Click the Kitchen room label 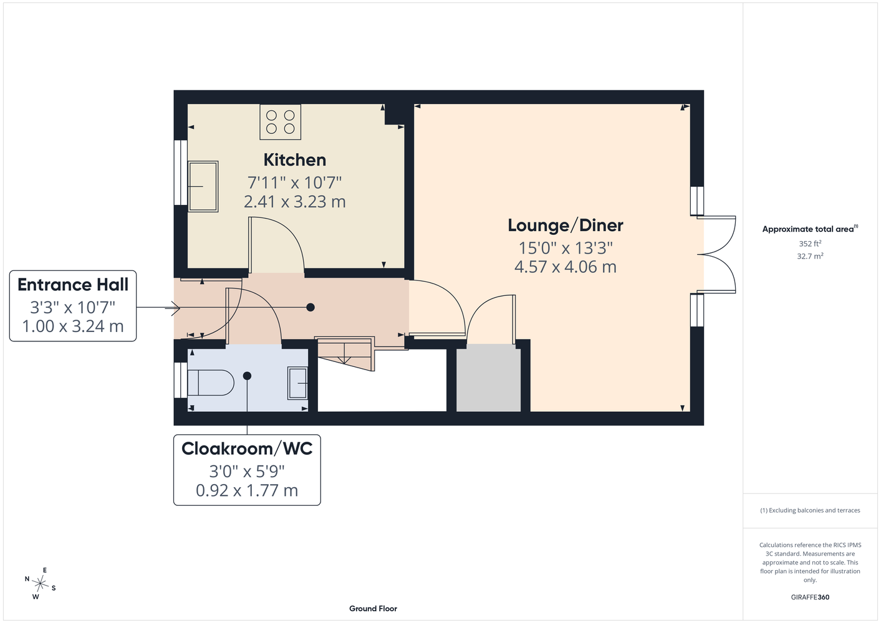[x=294, y=160]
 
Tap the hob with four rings [x=281, y=122]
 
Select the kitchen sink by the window [x=203, y=186]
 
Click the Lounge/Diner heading [x=565, y=226]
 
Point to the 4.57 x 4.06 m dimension [x=565, y=267]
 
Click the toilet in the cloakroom [x=211, y=382]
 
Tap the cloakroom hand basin [x=298, y=383]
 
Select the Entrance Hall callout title [x=73, y=285]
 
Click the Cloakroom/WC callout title [x=247, y=449]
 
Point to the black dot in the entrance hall [x=311, y=307]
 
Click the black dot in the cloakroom [x=247, y=376]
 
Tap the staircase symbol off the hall [x=345, y=353]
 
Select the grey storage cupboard [x=488, y=378]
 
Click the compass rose [x=40, y=584]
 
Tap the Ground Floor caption [x=373, y=609]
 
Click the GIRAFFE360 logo [x=810, y=597]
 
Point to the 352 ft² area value [x=810, y=244]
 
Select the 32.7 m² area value [x=810, y=256]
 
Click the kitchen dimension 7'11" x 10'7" [x=294, y=183]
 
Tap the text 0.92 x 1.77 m [x=247, y=490]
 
